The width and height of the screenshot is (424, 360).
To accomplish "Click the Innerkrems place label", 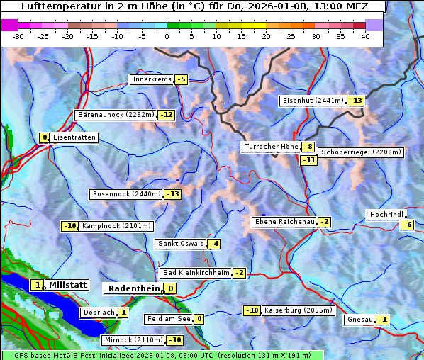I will point(151,79).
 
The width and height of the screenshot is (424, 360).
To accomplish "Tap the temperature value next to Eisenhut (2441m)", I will point(355,101).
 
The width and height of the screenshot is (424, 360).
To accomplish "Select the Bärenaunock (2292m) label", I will point(115,114).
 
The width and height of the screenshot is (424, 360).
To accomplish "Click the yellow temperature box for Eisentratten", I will point(44,137).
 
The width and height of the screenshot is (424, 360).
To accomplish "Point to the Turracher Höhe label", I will point(270,147).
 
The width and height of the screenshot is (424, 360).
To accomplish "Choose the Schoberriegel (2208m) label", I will point(361,152).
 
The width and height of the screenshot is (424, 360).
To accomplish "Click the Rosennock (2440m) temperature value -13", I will point(172,194).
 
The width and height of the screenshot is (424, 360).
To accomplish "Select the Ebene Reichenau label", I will point(284,222).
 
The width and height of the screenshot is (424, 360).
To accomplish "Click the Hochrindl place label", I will point(386,215).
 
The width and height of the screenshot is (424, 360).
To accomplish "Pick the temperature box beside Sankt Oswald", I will point(213,244).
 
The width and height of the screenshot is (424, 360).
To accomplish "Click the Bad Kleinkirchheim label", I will point(196,273).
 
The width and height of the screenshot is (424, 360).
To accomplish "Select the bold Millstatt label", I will point(67,285).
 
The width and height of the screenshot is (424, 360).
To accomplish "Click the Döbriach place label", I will point(98,313).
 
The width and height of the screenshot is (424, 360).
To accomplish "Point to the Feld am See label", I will point(168,319).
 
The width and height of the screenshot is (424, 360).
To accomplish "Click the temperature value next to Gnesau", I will point(383,320).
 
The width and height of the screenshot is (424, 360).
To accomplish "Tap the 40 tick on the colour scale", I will point(365,35).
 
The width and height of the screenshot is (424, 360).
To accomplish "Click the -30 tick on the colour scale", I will point(18,35).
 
